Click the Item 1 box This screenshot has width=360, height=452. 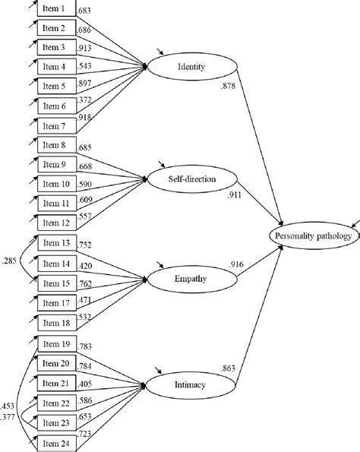[x=57, y=10]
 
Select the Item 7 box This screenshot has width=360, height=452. [x=57, y=125]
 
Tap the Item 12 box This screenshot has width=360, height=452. [x=57, y=222]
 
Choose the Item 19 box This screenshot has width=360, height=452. [x=57, y=343]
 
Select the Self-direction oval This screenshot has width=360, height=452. [x=192, y=180]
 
